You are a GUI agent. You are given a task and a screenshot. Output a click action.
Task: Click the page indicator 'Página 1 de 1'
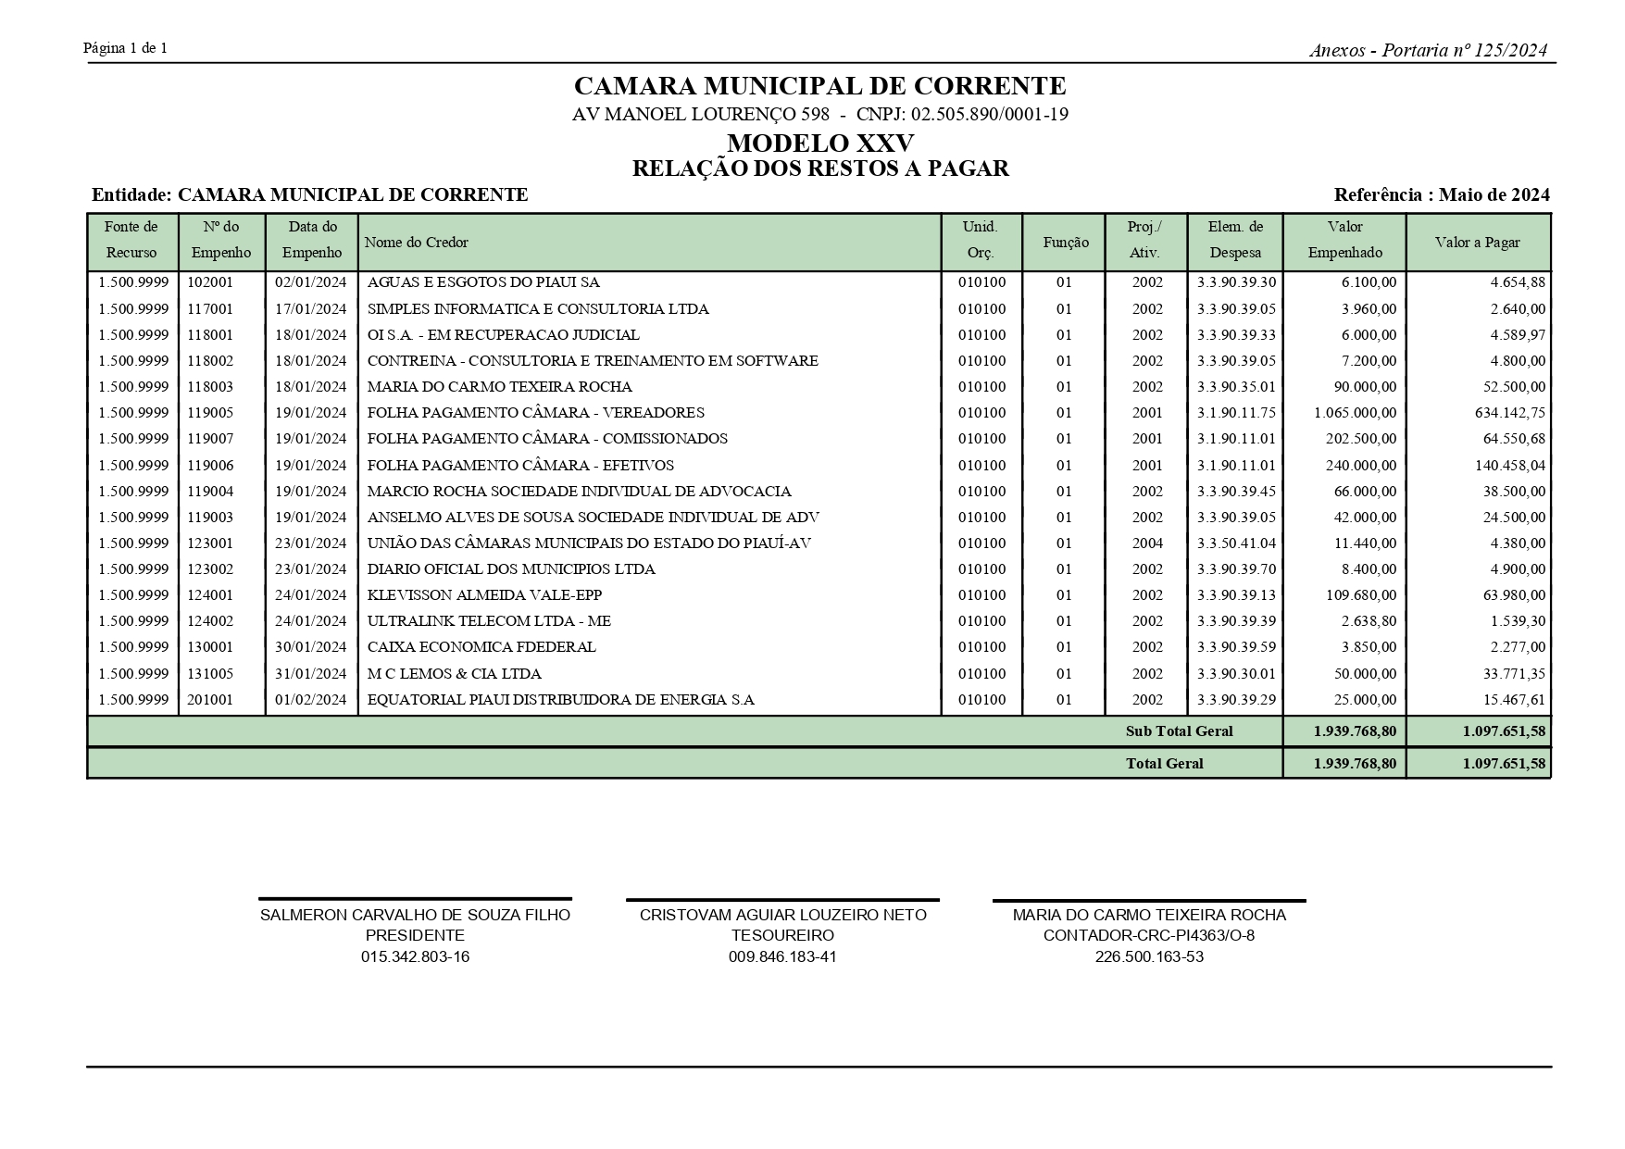pyautogui.click(x=125, y=48)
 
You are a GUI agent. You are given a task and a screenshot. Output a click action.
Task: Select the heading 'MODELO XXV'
pyautogui.click(x=820, y=144)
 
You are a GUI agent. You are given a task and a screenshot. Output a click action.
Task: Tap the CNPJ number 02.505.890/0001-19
pyautogui.click(x=990, y=115)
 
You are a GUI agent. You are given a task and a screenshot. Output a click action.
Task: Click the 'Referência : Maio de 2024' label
pyautogui.click(x=1441, y=195)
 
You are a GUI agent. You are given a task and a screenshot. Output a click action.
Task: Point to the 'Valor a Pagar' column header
pyautogui.click(x=1477, y=243)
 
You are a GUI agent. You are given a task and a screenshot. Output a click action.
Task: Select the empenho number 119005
pyautogui.click(x=210, y=413)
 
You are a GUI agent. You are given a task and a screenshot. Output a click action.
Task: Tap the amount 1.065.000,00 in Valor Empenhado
pyautogui.click(x=1355, y=413)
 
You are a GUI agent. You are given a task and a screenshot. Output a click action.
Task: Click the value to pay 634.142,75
pyautogui.click(x=1509, y=413)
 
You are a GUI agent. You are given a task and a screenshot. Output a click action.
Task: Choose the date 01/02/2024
pyautogui.click(x=311, y=700)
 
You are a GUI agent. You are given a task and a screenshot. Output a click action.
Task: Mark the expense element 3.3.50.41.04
pyautogui.click(x=1235, y=543)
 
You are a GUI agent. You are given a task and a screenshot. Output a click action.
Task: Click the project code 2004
pyautogui.click(x=1147, y=543)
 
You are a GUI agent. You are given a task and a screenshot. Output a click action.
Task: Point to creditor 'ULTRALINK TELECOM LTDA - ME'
pyautogui.click(x=489, y=621)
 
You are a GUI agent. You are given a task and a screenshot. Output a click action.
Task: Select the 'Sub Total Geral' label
pyautogui.click(x=1179, y=731)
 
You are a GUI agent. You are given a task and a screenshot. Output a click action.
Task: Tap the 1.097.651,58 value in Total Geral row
pyautogui.click(x=1504, y=764)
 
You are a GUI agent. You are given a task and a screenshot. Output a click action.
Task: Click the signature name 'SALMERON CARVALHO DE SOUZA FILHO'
pyautogui.click(x=415, y=915)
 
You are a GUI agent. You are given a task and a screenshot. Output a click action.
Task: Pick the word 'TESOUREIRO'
pyautogui.click(x=782, y=935)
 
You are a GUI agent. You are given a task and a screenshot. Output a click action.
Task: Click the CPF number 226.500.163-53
pyautogui.click(x=1149, y=956)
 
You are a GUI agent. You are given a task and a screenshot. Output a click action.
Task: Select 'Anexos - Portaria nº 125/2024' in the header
pyautogui.click(x=1428, y=51)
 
